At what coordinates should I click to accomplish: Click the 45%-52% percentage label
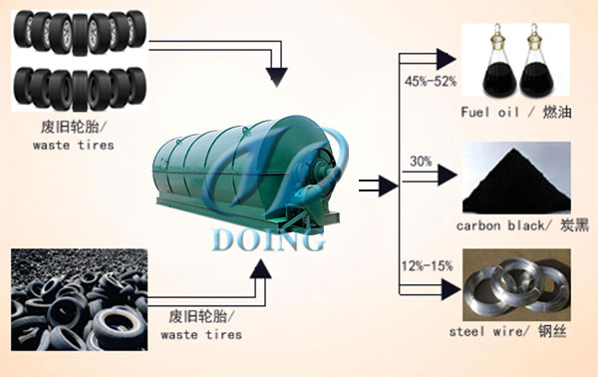(429, 80)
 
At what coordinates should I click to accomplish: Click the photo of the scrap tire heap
(75, 299)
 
